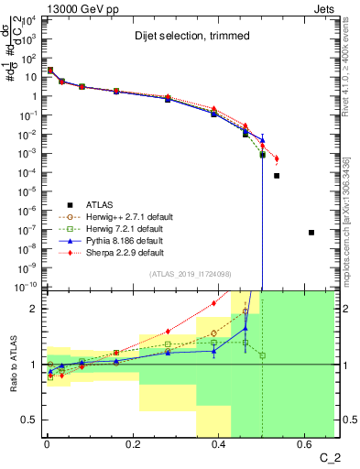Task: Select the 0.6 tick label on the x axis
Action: click(311, 444)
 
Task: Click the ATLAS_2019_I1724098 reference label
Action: click(189, 275)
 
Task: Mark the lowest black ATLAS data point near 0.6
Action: click(311, 233)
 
